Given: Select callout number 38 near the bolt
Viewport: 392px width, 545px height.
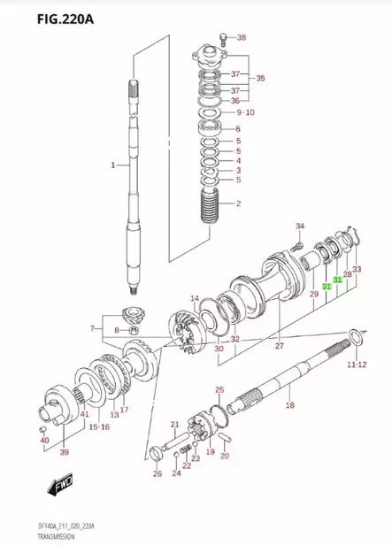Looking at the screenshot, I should coord(242,37).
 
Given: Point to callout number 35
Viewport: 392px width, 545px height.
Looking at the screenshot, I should coord(260,79).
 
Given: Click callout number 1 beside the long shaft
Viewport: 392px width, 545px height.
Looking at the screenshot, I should coord(113,165).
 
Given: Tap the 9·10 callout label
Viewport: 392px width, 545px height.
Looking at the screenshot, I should coord(245,112).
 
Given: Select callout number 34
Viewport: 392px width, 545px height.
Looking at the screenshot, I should coord(299,226).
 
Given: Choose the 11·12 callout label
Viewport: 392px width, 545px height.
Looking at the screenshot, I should coord(357,364).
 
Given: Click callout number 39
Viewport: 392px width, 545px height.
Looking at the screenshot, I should coord(64,452).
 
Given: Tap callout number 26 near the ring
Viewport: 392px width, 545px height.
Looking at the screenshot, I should coord(157,474).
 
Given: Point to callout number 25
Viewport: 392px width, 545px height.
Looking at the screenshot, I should coord(219,389).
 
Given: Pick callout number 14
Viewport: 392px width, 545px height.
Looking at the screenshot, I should coord(194,298).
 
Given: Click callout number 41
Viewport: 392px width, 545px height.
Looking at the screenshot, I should coord(85,414).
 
